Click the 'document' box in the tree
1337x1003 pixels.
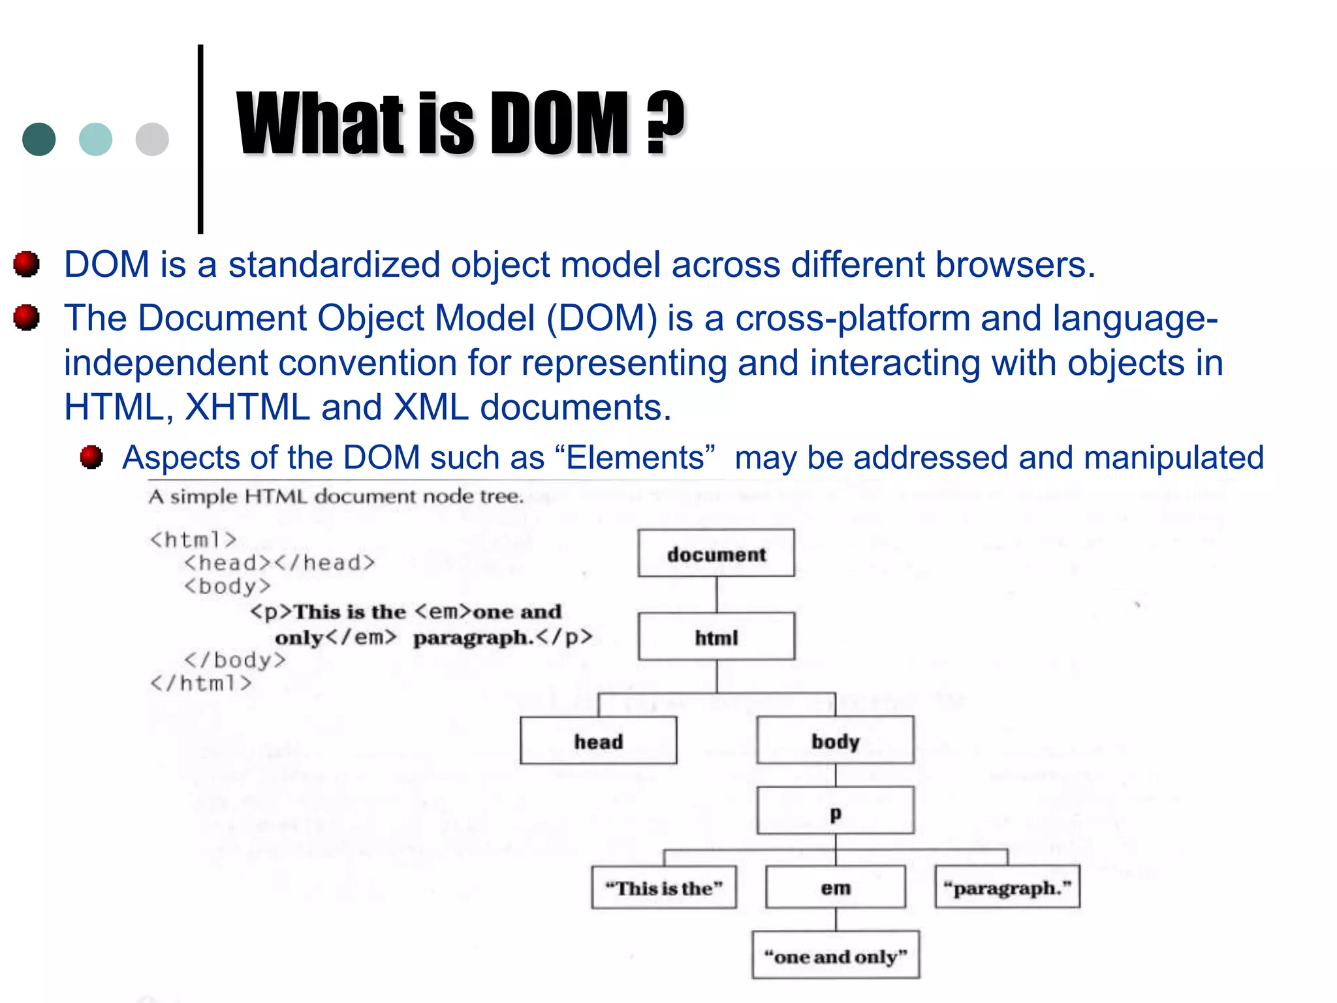tap(716, 553)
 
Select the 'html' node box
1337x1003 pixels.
tap(716, 637)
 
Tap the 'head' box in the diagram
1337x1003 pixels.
tap(598, 740)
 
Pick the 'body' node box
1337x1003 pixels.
tap(835, 740)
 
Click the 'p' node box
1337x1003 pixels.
tap(835, 811)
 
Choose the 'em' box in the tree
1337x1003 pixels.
tap(835, 887)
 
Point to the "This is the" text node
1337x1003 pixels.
tap(663, 887)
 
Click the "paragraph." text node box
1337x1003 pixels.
tap(1007, 887)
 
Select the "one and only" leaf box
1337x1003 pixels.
tap(835, 955)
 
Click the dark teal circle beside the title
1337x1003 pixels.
tap(39, 139)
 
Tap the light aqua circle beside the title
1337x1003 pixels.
tap(95, 139)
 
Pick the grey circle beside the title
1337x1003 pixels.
tap(152, 139)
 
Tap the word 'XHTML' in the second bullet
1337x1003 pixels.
tap(247, 407)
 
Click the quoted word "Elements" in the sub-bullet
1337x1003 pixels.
tap(635, 457)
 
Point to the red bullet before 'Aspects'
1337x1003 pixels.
tap(91, 457)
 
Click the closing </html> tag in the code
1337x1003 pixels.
tap(200, 683)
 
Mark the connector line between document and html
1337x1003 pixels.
tap(716, 594)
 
